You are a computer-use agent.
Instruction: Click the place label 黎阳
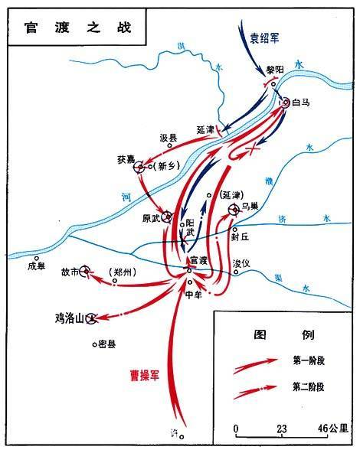coord(274,70)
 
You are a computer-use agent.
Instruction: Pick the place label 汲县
coord(169,138)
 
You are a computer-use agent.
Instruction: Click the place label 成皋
coord(37,266)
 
